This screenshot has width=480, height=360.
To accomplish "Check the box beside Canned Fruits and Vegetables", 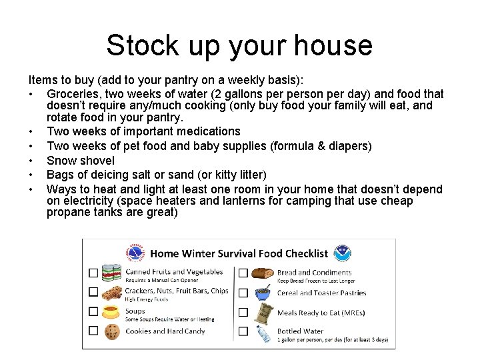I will tap(93, 273).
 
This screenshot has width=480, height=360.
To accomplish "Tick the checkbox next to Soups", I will tap(93, 311).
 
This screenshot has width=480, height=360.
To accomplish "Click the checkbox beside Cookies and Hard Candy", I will tap(93, 331).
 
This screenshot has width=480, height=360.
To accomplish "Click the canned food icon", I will tap(112, 273).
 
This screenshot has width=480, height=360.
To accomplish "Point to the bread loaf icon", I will tap(263, 273).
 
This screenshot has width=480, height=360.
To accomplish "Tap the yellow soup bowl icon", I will tap(112, 311).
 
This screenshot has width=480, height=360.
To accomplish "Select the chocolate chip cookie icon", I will tap(112, 331).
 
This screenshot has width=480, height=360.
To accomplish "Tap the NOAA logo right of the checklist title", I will tap(342, 253).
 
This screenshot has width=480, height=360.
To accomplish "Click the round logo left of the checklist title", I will tap(135, 253).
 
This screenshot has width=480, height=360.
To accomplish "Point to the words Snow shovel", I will tap(81, 161).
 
